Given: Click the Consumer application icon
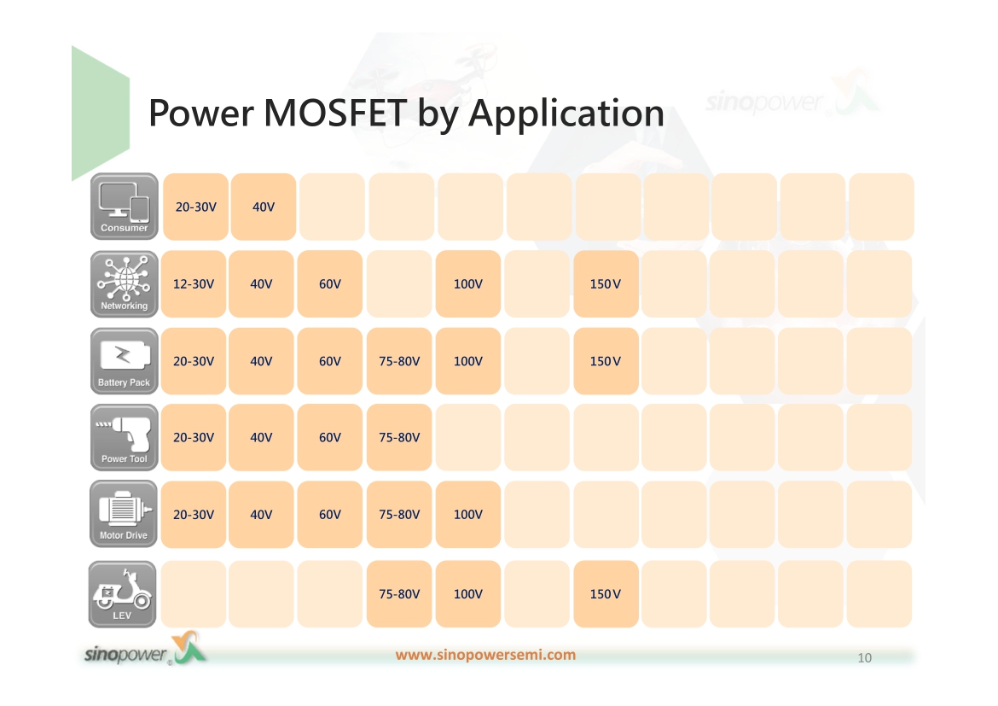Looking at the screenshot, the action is pyautogui.click(x=125, y=207).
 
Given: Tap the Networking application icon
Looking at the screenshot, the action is pyautogui.click(x=125, y=284).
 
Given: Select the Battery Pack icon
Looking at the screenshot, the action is pyautogui.click(x=125, y=361).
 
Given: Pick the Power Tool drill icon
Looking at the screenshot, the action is pyautogui.click(x=125, y=438).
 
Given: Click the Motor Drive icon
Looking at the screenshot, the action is pyautogui.click(x=124, y=514).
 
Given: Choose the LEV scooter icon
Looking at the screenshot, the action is pyautogui.click(x=122, y=594).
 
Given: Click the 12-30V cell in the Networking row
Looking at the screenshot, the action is pyautogui.click(x=194, y=284).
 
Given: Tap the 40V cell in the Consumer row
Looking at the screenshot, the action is pyautogui.click(x=264, y=207).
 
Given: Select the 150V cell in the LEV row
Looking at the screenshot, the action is pyautogui.click(x=606, y=594).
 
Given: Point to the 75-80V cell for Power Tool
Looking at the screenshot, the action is pyautogui.click(x=399, y=438).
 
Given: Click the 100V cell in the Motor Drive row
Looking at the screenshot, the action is pyautogui.click(x=467, y=514).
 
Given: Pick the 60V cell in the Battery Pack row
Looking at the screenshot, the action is pyautogui.click(x=330, y=361).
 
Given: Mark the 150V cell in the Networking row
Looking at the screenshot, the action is pyautogui.click(x=606, y=284).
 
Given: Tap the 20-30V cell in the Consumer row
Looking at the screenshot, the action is pyautogui.click(x=196, y=207).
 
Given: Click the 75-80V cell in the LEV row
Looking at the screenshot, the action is pyautogui.click(x=399, y=594).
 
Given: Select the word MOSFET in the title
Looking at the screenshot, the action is pyautogui.click(x=334, y=114).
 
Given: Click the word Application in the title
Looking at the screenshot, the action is pyautogui.click(x=566, y=114).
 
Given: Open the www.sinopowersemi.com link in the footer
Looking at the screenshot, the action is pyautogui.click(x=485, y=655).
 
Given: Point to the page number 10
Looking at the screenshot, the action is pyautogui.click(x=864, y=657).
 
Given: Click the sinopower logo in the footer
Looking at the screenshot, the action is pyautogui.click(x=146, y=650).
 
